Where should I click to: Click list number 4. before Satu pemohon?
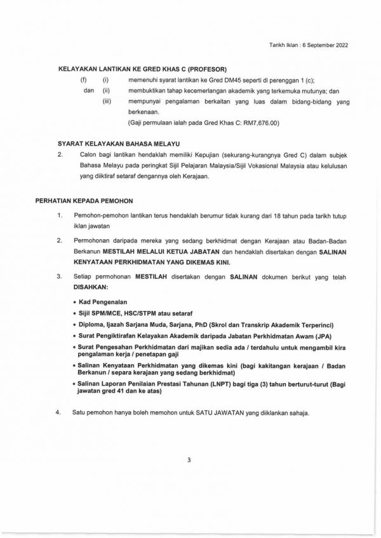(58, 414)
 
